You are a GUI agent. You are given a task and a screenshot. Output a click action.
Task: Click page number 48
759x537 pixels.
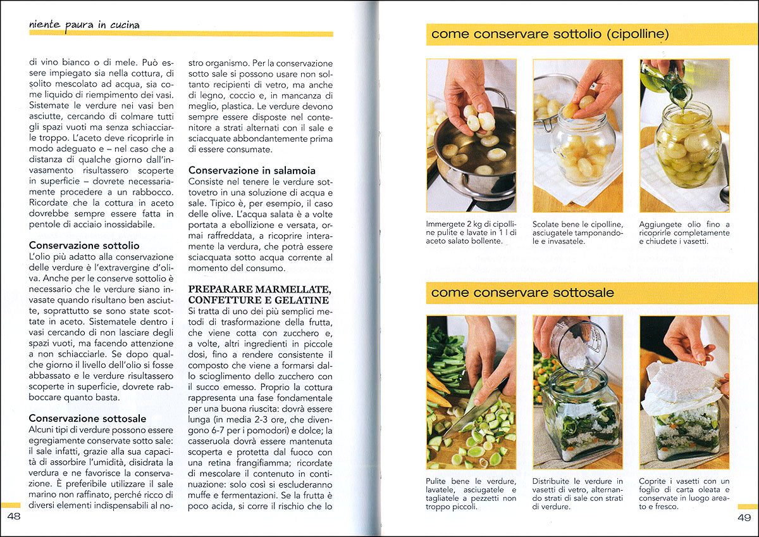(13, 517)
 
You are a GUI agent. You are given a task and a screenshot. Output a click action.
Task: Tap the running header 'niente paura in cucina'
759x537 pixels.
(84, 25)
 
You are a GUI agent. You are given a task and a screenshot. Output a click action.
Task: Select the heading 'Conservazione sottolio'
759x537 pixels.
(84, 245)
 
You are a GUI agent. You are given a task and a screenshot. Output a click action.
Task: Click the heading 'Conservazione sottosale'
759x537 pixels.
(87, 418)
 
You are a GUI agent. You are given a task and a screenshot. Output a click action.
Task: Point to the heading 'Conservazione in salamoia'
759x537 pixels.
(252, 170)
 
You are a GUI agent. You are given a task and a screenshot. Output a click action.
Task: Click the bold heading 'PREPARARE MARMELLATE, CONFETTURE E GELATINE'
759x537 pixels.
(259, 294)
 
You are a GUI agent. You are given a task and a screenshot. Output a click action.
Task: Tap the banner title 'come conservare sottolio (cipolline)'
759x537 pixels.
(550, 34)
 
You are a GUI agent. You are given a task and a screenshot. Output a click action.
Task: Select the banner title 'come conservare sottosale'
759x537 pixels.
(522, 293)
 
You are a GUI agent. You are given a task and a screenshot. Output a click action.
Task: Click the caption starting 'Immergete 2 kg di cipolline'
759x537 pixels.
(471, 232)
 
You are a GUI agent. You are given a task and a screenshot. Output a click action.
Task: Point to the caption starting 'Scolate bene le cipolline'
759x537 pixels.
(577, 232)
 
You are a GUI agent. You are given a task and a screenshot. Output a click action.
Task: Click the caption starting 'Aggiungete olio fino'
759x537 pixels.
(684, 232)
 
